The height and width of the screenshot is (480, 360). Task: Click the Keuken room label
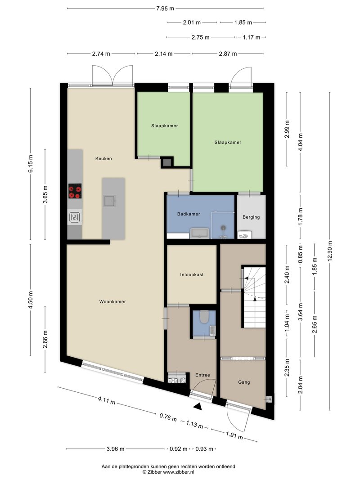(103, 158)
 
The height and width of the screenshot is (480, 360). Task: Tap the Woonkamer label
(112, 301)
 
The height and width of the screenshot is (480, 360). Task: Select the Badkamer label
(189, 214)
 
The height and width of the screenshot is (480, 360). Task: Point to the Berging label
(251, 217)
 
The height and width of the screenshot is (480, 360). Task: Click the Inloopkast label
(192, 274)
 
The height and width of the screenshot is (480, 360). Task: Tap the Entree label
(202, 375)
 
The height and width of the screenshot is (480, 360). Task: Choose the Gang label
(244, 382)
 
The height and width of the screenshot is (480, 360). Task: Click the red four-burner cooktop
(75, 191)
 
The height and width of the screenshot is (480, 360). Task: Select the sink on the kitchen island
(109, 201)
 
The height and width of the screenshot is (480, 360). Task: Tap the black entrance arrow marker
(198, 406)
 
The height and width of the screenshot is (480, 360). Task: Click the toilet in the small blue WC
(204, 317)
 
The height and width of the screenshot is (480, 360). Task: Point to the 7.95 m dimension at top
(165, 8)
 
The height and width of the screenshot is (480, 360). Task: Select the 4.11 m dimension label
(107, 400)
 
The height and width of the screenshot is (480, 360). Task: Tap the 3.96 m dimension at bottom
(115, 449)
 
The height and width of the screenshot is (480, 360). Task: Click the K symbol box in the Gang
(270, 399)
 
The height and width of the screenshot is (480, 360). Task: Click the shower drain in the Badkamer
(224, 228)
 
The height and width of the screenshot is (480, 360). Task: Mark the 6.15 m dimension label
(30, 164)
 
